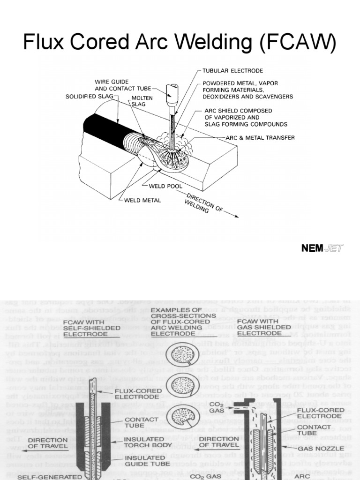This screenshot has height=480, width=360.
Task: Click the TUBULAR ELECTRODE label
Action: click(232, 71)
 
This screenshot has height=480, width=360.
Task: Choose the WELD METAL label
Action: click(143, 200)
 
